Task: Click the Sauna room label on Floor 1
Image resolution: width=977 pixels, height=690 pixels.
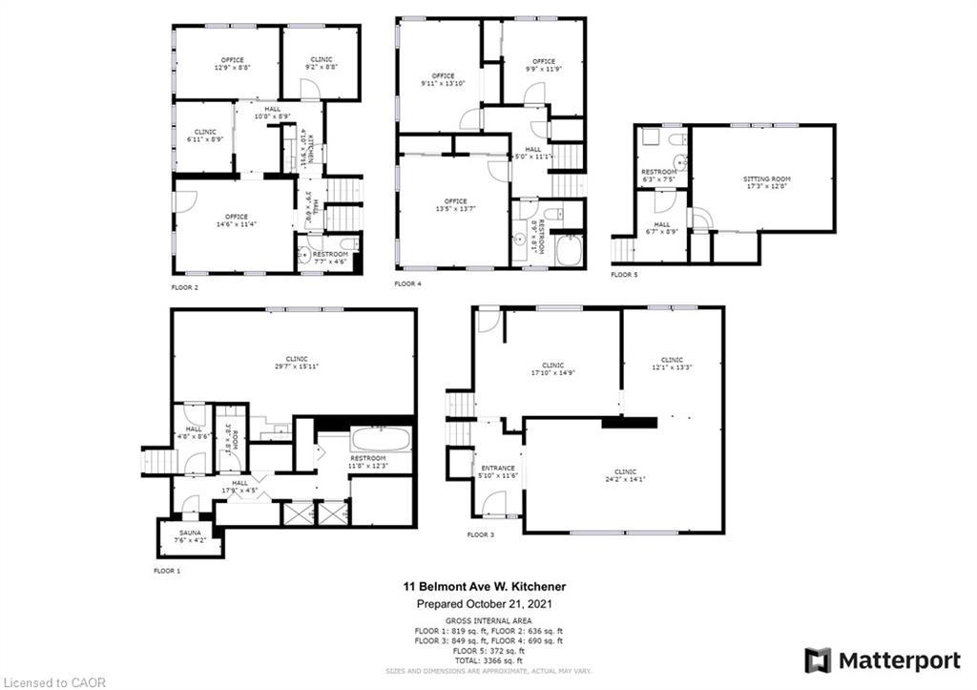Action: coord(189,537)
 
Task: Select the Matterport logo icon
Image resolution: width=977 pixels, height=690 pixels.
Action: coord(818,660)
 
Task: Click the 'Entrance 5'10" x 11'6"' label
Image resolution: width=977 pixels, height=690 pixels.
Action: coord(498,471)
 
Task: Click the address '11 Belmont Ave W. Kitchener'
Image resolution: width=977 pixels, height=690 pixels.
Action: coord(488,587)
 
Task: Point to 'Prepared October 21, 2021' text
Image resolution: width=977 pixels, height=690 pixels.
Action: coord(488,604)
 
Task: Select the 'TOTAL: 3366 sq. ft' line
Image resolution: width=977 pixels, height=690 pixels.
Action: coord(488,659)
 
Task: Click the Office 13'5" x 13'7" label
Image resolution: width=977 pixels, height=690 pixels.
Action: coord(455,205)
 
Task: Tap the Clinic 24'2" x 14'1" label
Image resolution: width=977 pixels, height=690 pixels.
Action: coord(625,476)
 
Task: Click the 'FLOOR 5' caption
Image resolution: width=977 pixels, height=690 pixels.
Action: coord(625,275)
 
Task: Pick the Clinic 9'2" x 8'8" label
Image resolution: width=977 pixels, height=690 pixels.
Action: coord(321,63)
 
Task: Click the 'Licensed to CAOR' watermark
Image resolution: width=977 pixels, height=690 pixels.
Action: coord(53,682)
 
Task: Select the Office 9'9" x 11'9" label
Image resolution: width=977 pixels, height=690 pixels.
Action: coord(543,65)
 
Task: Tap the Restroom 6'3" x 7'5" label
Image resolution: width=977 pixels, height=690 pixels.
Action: coord(658,175)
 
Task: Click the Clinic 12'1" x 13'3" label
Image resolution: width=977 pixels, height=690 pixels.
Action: coord(672,363)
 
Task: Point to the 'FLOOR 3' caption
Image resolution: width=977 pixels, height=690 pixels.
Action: coord(481,535)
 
